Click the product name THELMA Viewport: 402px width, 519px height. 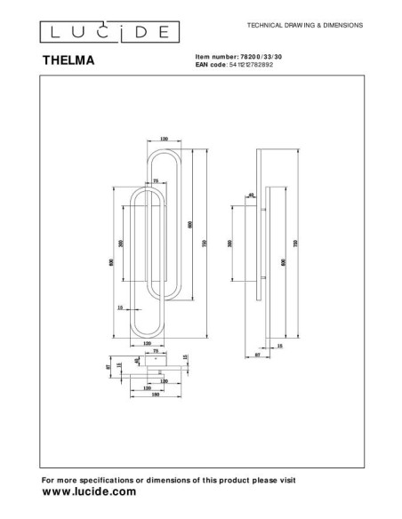pos(68,63)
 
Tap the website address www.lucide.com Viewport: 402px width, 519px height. pos(89,491)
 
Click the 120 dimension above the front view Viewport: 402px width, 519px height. pos(164,140)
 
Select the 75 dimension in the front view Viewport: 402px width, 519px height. pos(157,180)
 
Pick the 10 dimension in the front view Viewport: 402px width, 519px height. pos(121,307)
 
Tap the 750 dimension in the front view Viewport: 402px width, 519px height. pos(205,245)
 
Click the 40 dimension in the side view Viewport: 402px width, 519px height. pos(252,195)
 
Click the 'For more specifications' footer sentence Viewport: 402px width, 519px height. pos(169,480)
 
